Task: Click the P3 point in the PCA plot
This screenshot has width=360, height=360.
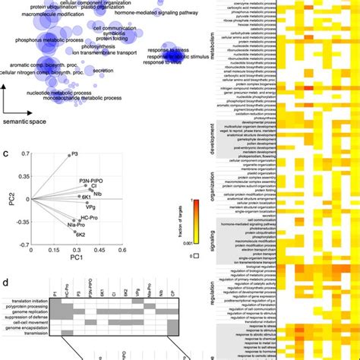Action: click(x=66, y=155)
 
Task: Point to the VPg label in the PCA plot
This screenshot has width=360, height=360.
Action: click(x=89, y=206)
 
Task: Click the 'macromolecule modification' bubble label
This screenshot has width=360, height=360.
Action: click(x=39, y=14)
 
